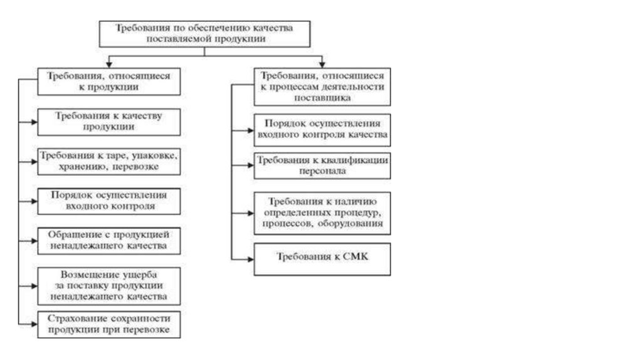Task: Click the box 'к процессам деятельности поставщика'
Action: (322, 86)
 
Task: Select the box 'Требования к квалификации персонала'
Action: (322, 165)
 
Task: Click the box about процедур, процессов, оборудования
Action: (322, 212)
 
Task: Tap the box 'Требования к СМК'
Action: (322, 258)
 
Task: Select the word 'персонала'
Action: (322, 170)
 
